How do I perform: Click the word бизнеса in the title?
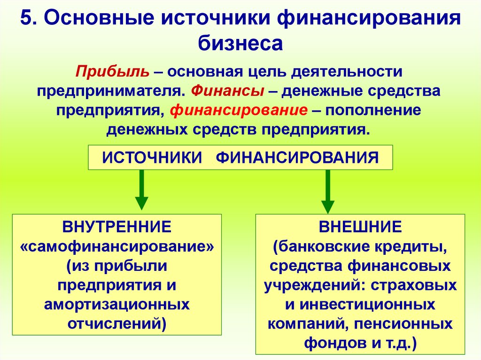pos(240,43)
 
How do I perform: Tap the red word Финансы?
pos(227,91)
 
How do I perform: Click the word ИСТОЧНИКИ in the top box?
pos(149,157)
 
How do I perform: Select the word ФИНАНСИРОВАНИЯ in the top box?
pos(297,157)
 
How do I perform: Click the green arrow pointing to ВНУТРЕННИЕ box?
pos(141,190)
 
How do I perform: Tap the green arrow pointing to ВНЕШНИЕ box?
pos(328,190)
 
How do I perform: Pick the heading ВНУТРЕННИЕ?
pos(117,227)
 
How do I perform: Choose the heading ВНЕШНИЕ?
pos(360,227)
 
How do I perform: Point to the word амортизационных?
pos(117,304)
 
